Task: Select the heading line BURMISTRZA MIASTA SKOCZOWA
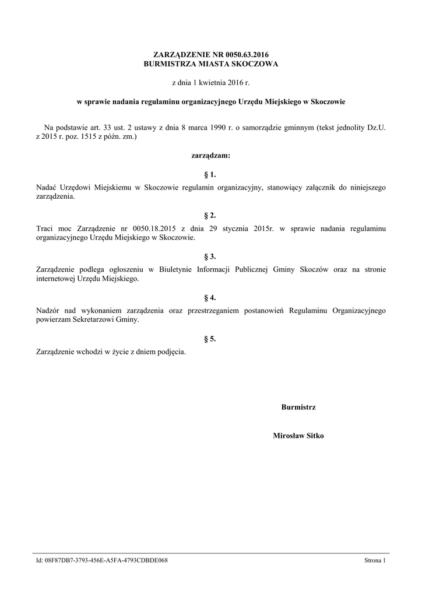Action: click(211, 64)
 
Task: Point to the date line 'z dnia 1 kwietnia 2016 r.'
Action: click(211, 83)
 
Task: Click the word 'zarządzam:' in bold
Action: click(211, 156)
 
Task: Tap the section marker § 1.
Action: click(211, 174)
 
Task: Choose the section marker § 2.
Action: click(211, 215)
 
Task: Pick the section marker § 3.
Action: click(211, 256)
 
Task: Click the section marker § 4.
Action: click(211, 297)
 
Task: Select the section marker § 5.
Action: click(211, 338)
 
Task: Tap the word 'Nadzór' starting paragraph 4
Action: click(48, 310)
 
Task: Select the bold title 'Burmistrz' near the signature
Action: click(298, 407)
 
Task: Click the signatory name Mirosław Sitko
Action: click(298, 435)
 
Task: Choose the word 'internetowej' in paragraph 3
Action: click(55, 279)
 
